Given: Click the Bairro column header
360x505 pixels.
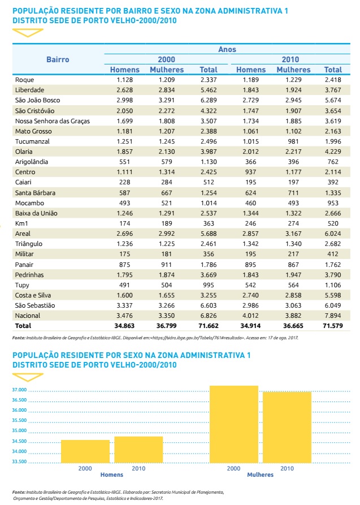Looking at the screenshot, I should [x=58, y=59].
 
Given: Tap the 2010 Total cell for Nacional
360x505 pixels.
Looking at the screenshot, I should [x=333, y=316].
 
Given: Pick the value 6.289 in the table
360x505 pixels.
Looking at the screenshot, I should [x=209, y=100].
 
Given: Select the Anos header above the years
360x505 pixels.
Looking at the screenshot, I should [x=227, y=50].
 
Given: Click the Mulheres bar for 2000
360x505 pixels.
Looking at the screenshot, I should [x=233, y=424].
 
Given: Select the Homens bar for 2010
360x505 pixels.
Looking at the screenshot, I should [x=138, y=450].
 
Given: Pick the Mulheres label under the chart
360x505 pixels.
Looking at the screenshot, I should [x=260, y=475].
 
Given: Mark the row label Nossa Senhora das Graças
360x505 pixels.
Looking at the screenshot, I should [x=53, y=120].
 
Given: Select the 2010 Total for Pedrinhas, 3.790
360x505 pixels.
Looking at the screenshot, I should [x=333, y=275].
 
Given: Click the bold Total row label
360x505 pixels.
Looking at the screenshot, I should [x=24, y=326].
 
